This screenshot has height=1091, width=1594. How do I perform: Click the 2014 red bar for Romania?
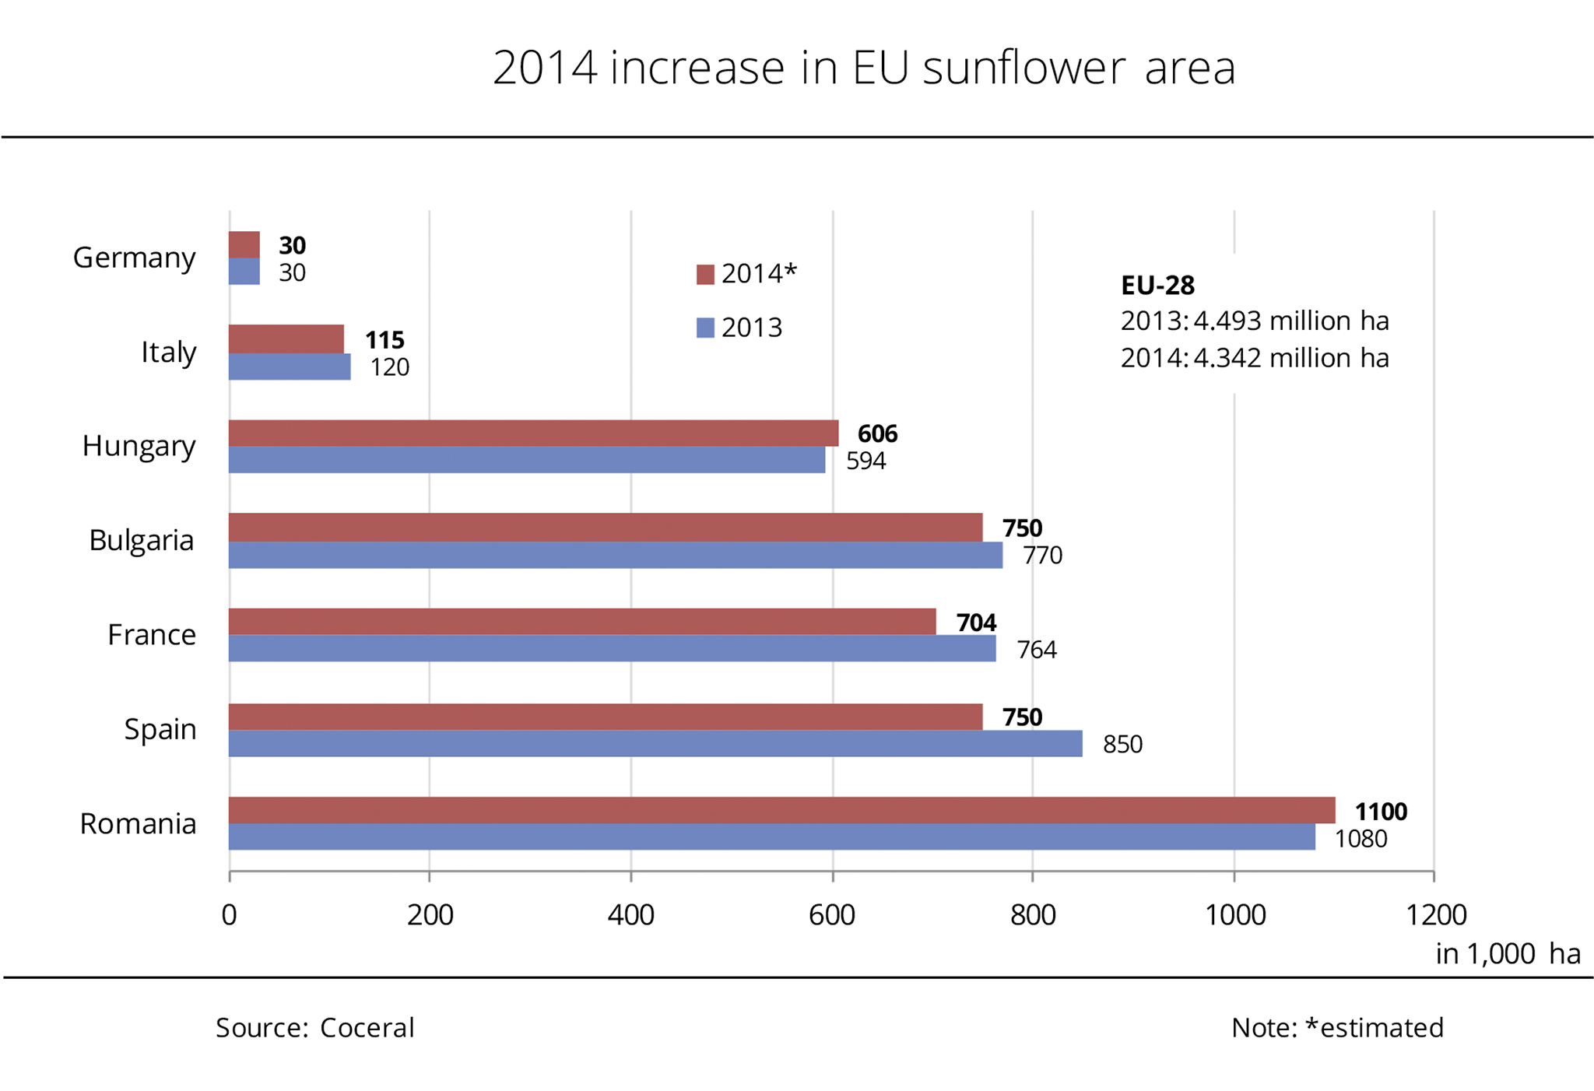tap(781, 810)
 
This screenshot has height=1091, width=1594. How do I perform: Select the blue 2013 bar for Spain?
tap(655, 743)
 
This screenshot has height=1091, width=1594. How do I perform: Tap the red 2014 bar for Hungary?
tap(533, 433)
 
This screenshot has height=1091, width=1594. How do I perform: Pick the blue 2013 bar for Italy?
tap(290, 367)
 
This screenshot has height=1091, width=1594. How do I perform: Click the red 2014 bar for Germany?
tap(244, 244)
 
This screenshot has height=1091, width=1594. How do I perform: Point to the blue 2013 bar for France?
tap(612, 648)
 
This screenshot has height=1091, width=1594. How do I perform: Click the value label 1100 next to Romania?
tap(1381, 812)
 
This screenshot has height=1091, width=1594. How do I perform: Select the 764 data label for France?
tap(1037, 649)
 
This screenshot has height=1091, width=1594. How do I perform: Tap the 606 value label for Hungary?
tap(877, 433)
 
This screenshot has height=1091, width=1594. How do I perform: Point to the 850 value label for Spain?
tap(1122, 744)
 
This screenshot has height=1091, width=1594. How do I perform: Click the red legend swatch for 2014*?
tap(705, 275)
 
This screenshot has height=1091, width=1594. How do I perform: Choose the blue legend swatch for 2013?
tap(705, 328)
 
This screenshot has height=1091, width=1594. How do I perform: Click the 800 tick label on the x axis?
tap(1033, 915)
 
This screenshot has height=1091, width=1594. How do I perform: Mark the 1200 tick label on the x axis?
tap(1435, 915)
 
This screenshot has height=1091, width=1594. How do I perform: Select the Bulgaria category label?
tap(141, 540)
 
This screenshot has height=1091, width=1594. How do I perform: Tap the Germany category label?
tap(134, 258)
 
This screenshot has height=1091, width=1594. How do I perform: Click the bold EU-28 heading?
tap(1157, 286)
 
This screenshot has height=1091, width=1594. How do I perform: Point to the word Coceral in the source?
tap(367, 1028)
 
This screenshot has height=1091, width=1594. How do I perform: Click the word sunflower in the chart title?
tap(1024, 68)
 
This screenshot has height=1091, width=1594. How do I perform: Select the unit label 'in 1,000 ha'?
tap(1508, 954)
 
